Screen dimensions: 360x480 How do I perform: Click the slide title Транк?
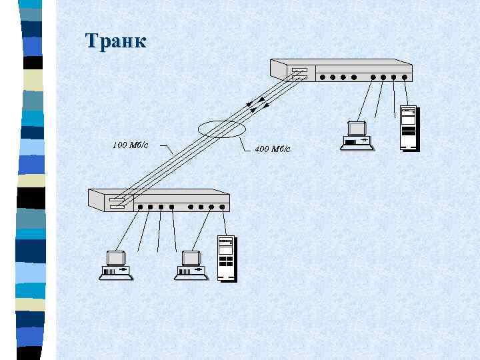[x=115, y=41]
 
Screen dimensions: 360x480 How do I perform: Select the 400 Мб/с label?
[x=273, y=149]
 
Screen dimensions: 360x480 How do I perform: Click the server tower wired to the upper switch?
[x=408, y=127]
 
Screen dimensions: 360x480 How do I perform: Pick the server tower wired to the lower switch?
[x=227, y=259]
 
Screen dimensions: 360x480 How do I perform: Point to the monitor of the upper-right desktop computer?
[x=357, y=128]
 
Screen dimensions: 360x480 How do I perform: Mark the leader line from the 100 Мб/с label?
[x=167, y=150]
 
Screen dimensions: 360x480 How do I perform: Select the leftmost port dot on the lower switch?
[x=140, y=207]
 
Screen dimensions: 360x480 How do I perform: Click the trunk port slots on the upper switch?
[x=299, y=73]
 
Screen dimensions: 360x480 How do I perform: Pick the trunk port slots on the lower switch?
[x=117, y=203]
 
